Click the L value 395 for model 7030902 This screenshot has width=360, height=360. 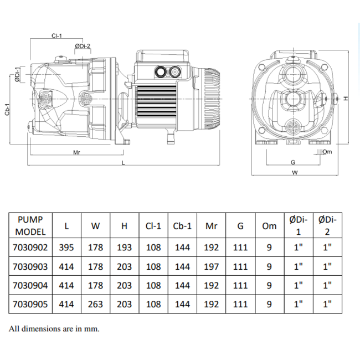(67, 248)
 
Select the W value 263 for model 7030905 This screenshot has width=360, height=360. (96, 304)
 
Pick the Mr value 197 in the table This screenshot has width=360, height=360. (211, 266)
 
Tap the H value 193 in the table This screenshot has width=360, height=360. (125, 248)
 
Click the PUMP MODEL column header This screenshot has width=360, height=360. (30, 225)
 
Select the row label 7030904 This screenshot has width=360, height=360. (30, 285)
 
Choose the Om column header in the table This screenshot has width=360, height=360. (269, 225)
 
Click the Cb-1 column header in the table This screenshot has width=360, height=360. (182, 225)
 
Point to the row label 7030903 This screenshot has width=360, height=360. (30, 266)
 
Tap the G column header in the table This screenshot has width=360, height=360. (240, 225)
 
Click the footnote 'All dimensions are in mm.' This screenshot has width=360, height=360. (54, 328)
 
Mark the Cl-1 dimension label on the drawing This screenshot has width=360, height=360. (56, 35)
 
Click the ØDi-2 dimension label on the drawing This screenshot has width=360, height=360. (82, 46)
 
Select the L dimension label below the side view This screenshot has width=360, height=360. (123, 164)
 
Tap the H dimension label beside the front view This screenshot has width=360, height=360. (344, 98)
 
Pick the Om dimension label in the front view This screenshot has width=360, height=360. (327, 151)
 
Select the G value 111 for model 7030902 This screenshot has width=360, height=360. (240, 248)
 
